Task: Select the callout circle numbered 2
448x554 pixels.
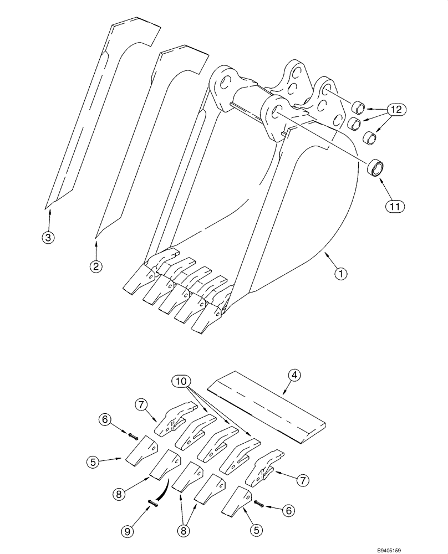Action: click(x=96, y=267)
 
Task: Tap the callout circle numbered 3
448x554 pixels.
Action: click(x=48, y=238)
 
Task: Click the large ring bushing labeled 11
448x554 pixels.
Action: click(x=378, y=168)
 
